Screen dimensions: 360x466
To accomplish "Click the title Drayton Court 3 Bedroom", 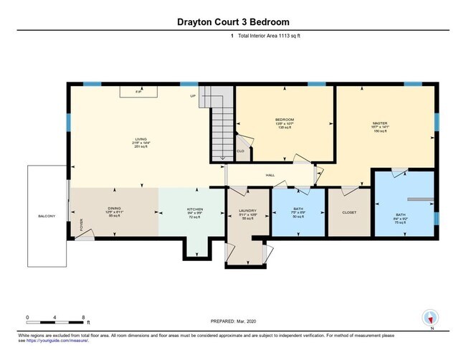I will click(x=233, y=22).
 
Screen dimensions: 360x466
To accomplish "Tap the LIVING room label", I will click(x=141, y=139).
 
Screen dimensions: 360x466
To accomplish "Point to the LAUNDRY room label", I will click(x=248, y=212).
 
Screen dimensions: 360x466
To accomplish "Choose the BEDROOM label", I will click(x=285, y=119).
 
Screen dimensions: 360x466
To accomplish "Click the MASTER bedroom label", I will click(x=380, y=123).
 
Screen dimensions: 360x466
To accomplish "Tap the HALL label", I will click(x=270, y=175).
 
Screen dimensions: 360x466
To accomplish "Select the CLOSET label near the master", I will click(x=349, y=212).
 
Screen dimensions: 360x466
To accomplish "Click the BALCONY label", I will click(x=47, y=216).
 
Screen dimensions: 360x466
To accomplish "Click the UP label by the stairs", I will click(x=193, y=95).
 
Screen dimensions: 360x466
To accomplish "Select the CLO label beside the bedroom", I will click(x=241, y=151).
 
